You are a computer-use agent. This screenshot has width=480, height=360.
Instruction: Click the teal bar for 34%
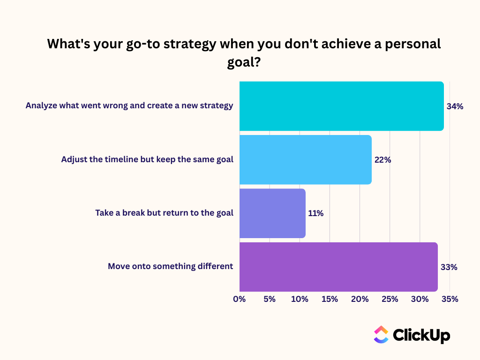click(341, 106)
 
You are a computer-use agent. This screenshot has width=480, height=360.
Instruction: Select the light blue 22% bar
click(305, 159)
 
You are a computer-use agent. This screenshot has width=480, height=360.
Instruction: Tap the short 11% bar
click(272, 213)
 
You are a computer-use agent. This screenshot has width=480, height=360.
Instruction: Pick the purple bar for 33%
click(338, 267)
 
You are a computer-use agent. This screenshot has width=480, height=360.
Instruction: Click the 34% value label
click(455, 106)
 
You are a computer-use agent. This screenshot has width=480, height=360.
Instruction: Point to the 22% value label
click(382, 160)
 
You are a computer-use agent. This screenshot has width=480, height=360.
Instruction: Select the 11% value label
click(315, 213)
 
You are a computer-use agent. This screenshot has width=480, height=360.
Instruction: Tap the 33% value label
click(449, 267)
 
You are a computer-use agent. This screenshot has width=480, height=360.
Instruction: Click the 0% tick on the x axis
click(240, 299)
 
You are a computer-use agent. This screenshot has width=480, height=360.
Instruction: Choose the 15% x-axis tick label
click(330, 299)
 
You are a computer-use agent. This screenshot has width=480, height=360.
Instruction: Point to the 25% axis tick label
click(390, 299)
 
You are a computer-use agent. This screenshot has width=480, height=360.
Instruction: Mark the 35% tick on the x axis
click(450, 299)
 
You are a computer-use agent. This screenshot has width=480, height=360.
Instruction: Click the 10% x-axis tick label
click(300, 299)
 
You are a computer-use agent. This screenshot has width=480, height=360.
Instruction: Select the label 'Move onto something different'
click(170, 266)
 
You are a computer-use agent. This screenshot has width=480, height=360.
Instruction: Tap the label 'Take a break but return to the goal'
click(164, 213)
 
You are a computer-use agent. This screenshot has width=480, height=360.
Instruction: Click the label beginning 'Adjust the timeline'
click(147, 159)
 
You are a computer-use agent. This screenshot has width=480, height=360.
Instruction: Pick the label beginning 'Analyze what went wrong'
click(129, 105)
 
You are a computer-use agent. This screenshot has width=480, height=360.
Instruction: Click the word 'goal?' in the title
click(244, 62)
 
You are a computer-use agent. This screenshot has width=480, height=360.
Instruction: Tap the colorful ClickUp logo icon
click(381, 334)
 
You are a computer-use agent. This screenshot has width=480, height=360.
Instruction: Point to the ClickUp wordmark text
click(421, 335)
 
